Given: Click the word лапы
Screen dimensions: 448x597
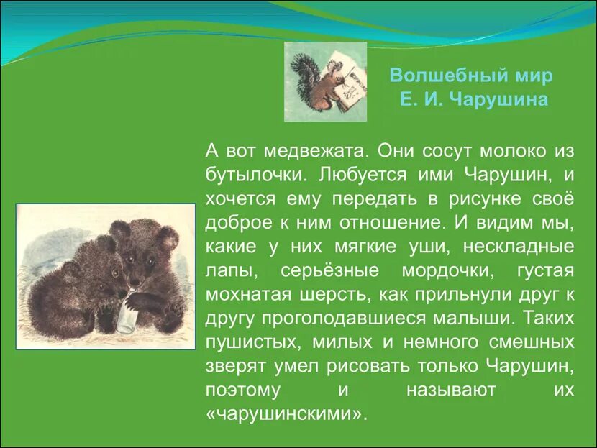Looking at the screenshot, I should [227, 270].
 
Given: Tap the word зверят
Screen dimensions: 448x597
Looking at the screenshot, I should [236, 366].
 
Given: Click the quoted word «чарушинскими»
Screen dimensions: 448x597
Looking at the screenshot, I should [286, 414].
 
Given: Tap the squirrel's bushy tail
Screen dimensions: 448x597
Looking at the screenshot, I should [301, 74].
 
